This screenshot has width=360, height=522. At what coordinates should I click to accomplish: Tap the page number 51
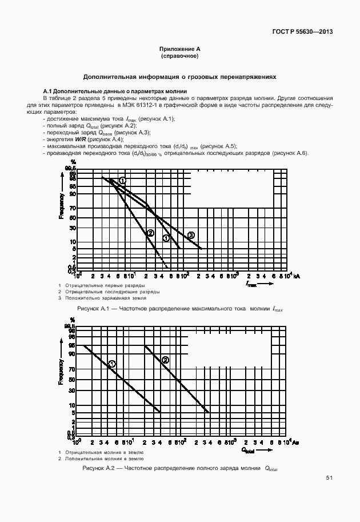click(330, 477)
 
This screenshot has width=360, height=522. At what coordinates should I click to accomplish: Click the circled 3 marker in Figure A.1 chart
click(191, 235)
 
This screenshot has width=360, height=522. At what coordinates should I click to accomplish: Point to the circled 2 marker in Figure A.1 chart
click(150, 233)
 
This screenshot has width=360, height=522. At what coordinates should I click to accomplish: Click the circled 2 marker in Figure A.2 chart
click(166, 360)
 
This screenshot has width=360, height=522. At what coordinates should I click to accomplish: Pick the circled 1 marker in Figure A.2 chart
click(112, 364)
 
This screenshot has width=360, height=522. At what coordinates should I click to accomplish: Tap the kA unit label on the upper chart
click(297, 275)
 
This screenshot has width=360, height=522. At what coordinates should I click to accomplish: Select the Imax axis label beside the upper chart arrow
click(251, 284)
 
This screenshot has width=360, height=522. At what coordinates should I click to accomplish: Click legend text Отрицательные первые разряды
click(105, 285)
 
